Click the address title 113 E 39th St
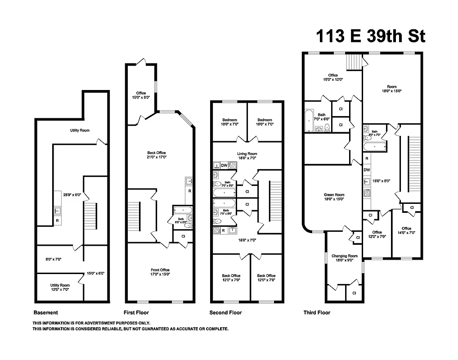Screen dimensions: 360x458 370,36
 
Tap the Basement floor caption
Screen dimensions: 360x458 46,312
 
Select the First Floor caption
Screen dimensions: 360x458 136,312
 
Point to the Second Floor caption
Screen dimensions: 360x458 225,312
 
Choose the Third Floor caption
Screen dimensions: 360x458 317,312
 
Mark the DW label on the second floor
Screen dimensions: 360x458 224,165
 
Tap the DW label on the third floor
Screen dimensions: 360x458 367,170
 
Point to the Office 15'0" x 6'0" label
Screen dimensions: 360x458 141,95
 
